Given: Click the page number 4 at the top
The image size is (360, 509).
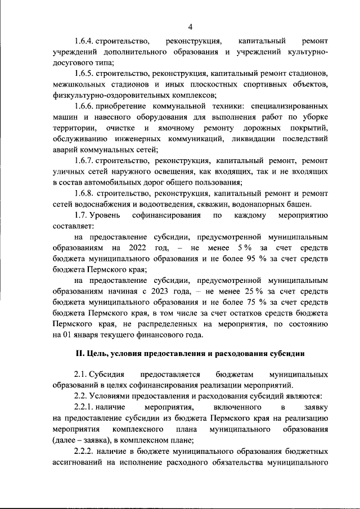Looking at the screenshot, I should click(191, 26).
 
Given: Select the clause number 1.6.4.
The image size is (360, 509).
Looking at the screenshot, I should click(85, 41).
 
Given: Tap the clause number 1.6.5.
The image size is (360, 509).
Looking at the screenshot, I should click(84, 74).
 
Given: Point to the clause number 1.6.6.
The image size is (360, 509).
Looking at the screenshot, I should click(84, 106).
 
